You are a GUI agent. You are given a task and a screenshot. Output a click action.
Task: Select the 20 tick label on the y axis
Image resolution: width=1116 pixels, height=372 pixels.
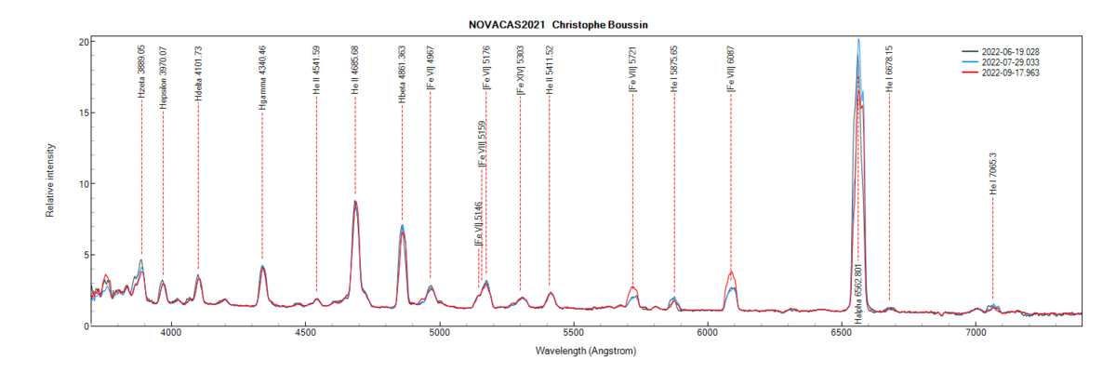[x=83, y=42]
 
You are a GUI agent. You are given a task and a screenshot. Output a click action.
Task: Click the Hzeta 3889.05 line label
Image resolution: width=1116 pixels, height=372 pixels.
[x=141, y=71]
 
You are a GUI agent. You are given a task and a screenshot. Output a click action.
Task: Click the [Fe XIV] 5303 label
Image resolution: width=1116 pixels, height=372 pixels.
[x=520, y=73]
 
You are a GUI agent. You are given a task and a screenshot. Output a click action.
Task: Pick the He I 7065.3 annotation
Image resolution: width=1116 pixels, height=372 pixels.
[x=992, y=174]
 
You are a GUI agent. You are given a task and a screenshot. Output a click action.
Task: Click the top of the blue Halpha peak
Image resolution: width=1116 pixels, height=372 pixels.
[x=858, y=40]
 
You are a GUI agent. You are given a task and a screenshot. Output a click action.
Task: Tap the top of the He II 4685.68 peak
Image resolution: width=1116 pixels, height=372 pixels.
[x=355, y=202]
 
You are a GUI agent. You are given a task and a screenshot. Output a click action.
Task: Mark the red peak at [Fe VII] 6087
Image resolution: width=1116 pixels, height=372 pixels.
[x=732, y=272]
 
